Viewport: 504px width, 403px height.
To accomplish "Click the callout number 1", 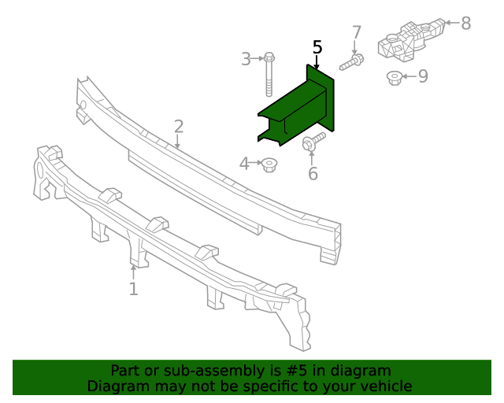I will tap(133, 290).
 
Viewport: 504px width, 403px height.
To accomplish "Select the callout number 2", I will tap(179, 126).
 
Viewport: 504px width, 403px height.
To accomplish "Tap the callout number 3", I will tap(246, 59).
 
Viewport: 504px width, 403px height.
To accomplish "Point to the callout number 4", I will tap(244, 164).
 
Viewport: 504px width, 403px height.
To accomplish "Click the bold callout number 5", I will tap(317, 47).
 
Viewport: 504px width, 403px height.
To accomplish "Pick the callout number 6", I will tap(313, 174).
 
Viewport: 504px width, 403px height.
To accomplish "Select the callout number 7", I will tap(356, 33).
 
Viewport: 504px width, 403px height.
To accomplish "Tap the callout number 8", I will tap(465, 24).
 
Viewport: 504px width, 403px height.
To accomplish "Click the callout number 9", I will tap(423, 76).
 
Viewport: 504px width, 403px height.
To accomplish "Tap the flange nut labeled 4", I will tap(270, 165).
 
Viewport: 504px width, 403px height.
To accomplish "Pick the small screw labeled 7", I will tap(352, 61).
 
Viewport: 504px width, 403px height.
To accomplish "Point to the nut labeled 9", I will tap(395, 77).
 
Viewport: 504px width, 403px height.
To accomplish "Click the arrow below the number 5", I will tap(317, 63).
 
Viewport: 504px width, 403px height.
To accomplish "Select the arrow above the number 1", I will tap(134, 272).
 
